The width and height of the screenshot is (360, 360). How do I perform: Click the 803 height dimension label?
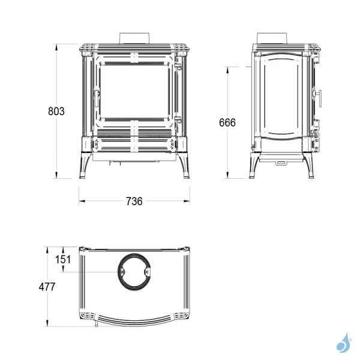click(56, 112)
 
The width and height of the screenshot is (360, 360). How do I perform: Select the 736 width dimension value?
click(134, 202)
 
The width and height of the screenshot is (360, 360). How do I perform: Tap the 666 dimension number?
click(227, 122)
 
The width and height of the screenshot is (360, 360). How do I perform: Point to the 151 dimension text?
click(62, 260)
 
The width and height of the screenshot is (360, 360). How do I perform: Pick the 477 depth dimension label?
click(47, 287)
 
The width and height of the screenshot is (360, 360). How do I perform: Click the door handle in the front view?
click(97, 98)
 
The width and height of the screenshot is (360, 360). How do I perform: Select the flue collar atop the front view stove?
click(134, 38)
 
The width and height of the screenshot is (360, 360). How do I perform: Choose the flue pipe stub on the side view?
click(272, 38)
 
